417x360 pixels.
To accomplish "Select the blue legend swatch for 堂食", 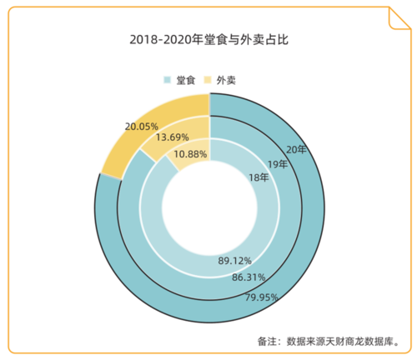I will [168, 80].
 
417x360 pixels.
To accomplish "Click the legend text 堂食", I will [185, 80].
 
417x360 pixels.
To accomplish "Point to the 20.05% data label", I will [142, 126].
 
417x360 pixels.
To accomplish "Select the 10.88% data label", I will [190, 154].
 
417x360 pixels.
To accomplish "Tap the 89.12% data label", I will [235, 261].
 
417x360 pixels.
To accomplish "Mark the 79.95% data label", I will [261, 295].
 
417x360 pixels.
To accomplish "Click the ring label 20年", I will [297, 149].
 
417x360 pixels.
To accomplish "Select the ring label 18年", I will [259, 177].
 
